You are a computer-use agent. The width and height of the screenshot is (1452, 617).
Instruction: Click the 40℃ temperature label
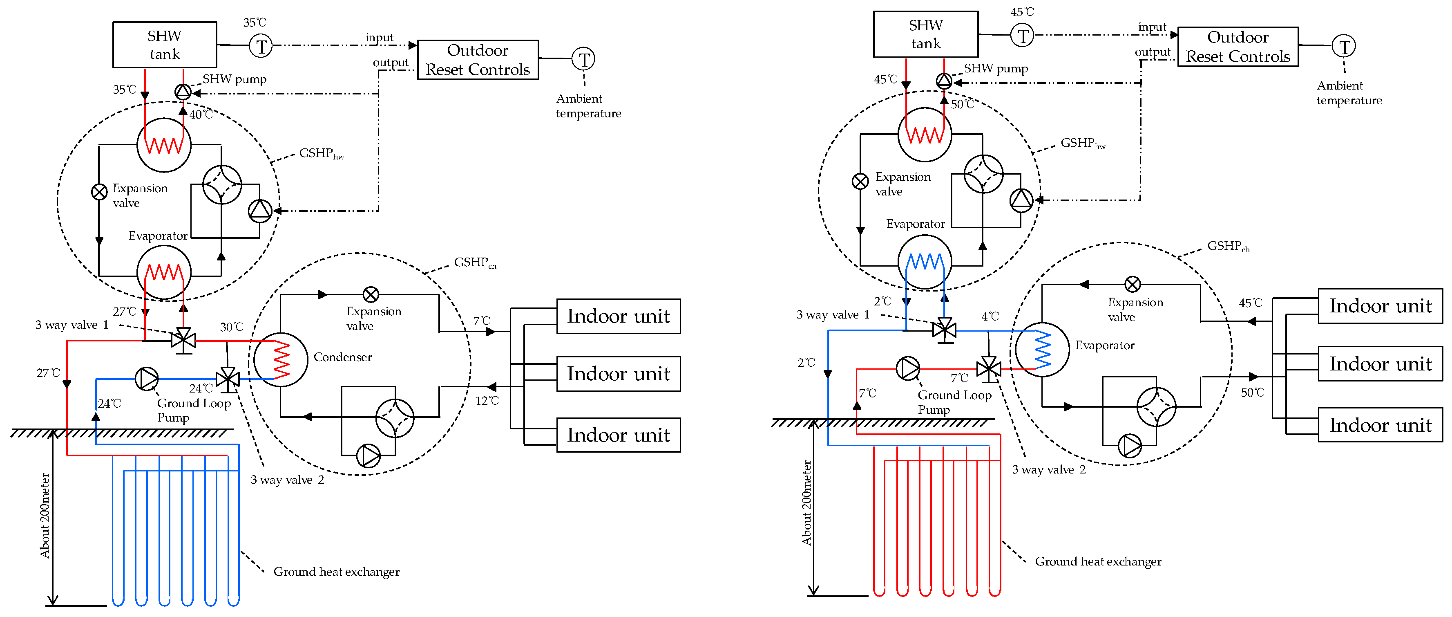pos(201,114)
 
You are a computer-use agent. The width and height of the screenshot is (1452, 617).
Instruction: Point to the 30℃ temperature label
pos(231,327)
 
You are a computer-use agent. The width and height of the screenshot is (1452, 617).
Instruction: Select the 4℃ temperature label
pos(990,316)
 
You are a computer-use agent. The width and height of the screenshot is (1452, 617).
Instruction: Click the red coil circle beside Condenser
pos(280,360)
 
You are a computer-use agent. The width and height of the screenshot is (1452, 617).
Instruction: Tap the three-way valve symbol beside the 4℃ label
pos(944,330)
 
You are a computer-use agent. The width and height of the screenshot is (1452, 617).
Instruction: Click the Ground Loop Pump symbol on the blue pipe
pos(147,379)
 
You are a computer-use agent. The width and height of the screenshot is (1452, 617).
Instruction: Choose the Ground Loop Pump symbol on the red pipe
pos(907,368)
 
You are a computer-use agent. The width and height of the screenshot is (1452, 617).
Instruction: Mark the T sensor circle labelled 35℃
pos(261,46)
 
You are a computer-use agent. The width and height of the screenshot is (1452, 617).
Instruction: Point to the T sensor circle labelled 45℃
pos(1022,36)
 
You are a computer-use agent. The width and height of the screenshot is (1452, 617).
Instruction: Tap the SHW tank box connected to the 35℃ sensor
pos(165,45)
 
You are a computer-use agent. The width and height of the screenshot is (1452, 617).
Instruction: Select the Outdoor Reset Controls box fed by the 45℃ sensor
pos(1238,47)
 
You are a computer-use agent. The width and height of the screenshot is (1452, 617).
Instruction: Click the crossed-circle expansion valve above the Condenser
pos(371,294)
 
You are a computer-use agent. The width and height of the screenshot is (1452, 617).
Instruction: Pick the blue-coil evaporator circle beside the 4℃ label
pos(1042,350)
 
